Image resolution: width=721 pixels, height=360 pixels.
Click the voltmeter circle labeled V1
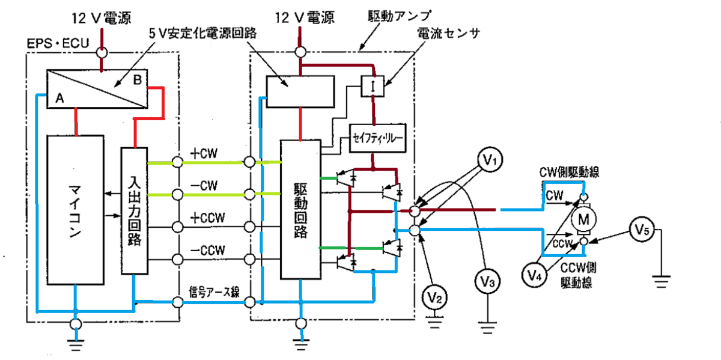click(x=490, y=159)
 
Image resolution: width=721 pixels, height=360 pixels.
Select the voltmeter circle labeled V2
click(x=434, y=298)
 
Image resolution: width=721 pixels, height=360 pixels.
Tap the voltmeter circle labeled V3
click(x=487, y=282)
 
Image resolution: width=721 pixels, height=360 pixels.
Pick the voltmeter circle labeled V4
click(x=534, y=275)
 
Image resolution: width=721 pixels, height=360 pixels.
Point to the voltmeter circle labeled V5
click(x=642, y=229)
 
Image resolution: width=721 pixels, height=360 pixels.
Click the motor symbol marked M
click(x=583, y=219)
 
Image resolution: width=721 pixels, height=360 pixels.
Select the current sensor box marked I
click(x=373, y=86)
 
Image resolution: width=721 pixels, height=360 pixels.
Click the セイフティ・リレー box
click(x=377, y=138)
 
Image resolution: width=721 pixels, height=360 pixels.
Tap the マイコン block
click(x=75, y=210)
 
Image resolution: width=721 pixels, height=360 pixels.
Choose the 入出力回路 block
click(x=135, y=211)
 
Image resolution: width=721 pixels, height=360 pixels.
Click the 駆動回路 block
click(x=300, y=209)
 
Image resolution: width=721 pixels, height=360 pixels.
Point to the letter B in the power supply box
click(x=138, y=80)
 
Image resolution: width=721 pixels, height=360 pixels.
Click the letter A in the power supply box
click(x=59, y=98)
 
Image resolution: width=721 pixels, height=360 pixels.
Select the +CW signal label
click(x=204, y=153)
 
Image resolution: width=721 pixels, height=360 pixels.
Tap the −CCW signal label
click(x=208, y=251)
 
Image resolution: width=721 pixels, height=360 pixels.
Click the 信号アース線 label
click(x=214, y=292)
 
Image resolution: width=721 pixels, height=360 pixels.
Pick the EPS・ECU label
click(x=58, y=43)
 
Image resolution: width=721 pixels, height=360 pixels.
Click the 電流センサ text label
click(x=448, y=33)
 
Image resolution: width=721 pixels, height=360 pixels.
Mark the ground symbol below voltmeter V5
click(x=661, y=281)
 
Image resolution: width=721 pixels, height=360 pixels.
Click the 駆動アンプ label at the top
click(x=400, y=16)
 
